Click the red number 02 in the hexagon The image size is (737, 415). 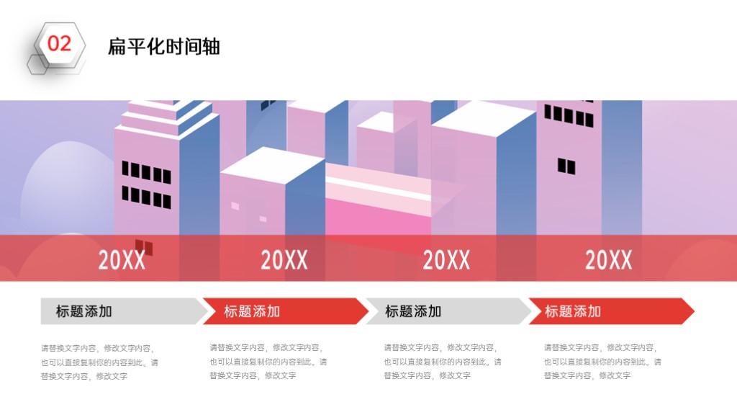point(59,44)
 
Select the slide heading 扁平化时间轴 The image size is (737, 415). point(163,47)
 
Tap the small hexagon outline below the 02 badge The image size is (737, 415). point(37,65)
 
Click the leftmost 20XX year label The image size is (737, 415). point(122,259)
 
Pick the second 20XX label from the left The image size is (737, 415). point(284,259)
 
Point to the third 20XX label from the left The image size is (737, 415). point(446,259)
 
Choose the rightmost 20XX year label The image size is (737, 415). point(608,259)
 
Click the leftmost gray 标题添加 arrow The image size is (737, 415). point(124,311)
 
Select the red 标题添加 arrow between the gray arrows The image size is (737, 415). point(285,311)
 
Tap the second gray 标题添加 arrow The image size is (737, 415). point(448,311)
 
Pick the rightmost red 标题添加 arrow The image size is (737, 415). point(612,311)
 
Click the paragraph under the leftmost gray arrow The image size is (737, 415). point(99,362)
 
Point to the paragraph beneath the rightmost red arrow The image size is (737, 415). point(602,362)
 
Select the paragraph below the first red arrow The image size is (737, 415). point(268,362)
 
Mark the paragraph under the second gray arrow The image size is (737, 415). point(443,362)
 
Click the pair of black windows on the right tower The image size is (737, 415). point(566,166)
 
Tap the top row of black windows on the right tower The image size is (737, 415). point(569,116)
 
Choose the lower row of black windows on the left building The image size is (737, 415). point(146,197)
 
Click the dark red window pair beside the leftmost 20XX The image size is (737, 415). point(144,247)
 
